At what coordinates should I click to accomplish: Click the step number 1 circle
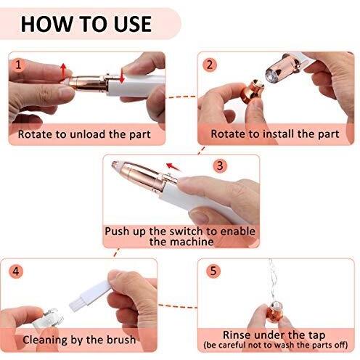(x=18, y=65)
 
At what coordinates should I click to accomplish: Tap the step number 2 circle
(x=210, y=65)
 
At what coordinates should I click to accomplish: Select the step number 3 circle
(x=220, y=165)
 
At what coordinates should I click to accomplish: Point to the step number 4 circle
(x=16, y=271)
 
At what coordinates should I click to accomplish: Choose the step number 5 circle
(x=213, y=271)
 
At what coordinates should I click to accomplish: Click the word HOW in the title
(x=46, y=24)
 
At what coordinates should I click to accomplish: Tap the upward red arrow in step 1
(x=63, y=70)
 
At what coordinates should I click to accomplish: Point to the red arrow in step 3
(x=173, y=167)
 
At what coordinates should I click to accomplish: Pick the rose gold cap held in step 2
(x=252, y=90)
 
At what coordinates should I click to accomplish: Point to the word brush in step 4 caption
(x=121, y=340)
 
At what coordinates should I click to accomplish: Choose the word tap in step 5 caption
(x=316, y=336)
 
